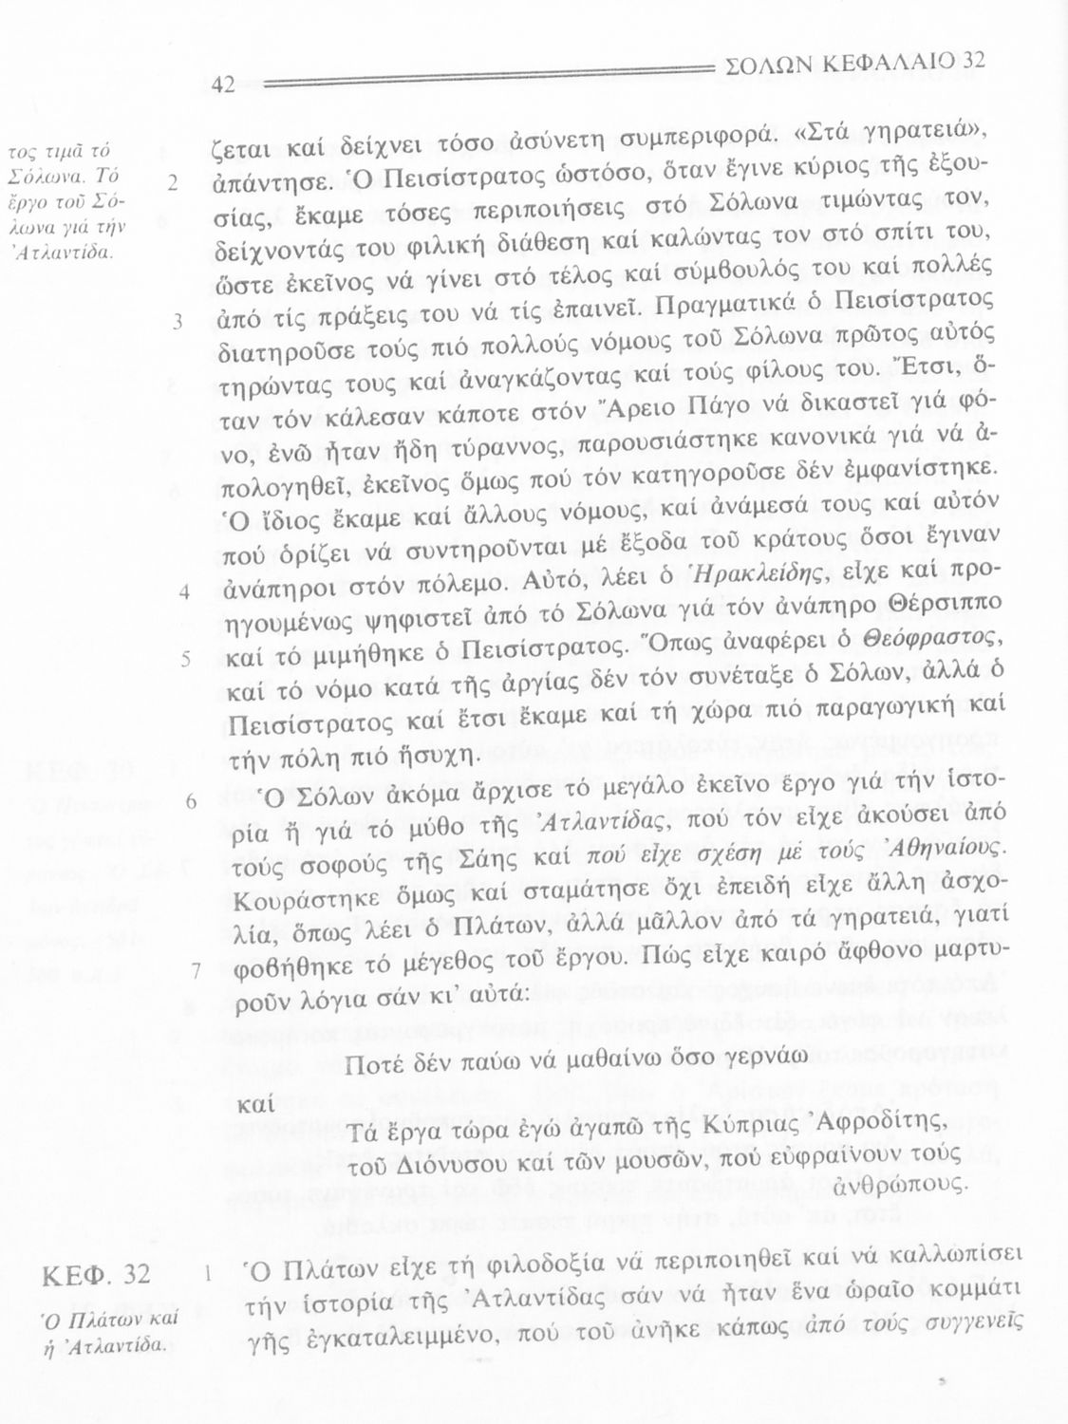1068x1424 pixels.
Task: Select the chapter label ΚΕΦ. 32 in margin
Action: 96,1274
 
